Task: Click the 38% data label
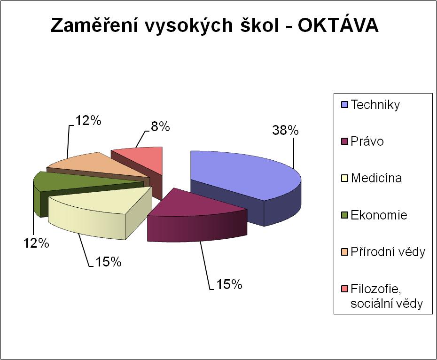click(x=285, y=130)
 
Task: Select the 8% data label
click(x=160, y=127)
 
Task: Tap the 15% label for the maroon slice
click(x=229, y=284)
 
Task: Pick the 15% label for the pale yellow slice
click(x=109, y=262)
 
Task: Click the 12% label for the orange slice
click(x=88, y=121)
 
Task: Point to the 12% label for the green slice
click(x=36, y=243)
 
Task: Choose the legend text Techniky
click(x=375, y=105)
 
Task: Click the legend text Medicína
click(x=376, y=178)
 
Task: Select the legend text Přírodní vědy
click(x=388, y=252)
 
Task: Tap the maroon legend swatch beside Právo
click(x=345, y=141)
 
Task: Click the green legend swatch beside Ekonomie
click(x=345, y=215)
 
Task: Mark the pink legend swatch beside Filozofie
click(x=345, y=289)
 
